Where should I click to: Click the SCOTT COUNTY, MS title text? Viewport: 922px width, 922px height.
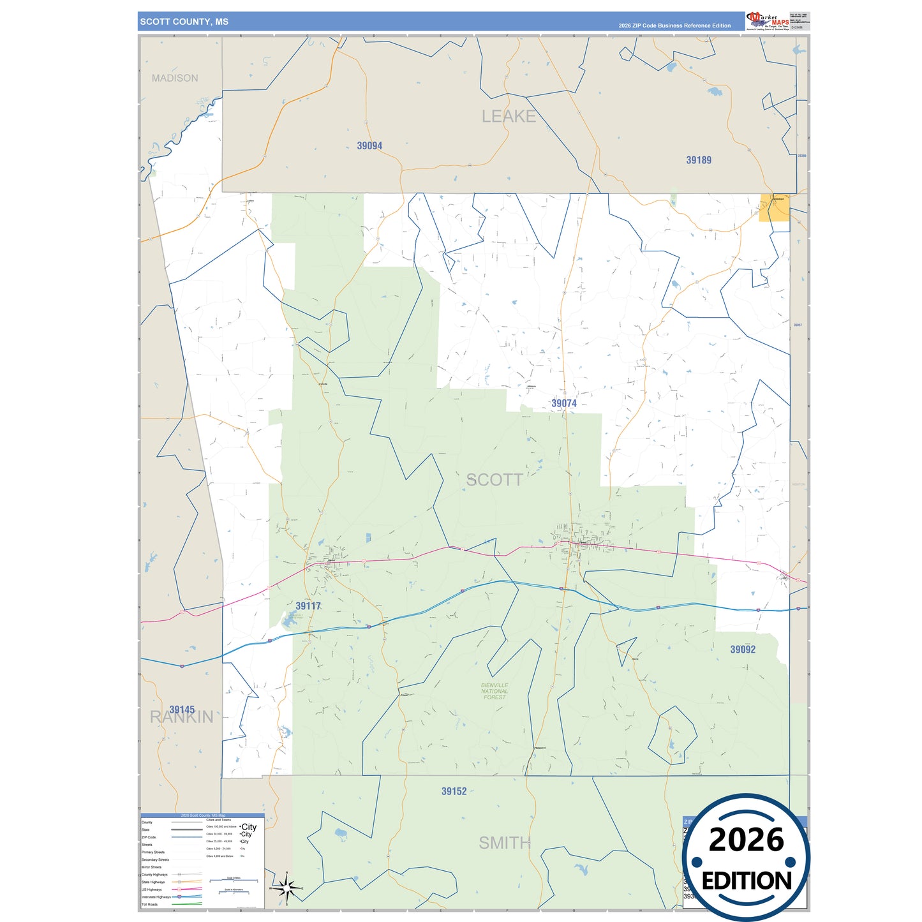[x=184, y=22]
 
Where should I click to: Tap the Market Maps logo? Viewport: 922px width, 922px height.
[x=768, y=20]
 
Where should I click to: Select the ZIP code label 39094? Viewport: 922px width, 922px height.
[x=369, y=146]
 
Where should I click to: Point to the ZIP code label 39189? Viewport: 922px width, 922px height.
[x=699, y=160]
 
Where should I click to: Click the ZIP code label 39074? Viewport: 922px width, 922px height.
[x=564, y=403]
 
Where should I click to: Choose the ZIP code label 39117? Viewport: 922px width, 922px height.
[x=308, y=606]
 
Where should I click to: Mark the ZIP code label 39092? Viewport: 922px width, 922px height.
[x=743, y=650]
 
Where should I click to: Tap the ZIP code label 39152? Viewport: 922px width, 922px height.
[x=454, y=792]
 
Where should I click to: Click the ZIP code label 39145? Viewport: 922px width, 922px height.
[x=182, y=710]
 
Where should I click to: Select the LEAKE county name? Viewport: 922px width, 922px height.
[x=509, y=116]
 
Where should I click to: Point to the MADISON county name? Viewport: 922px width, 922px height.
[x=175, y=78]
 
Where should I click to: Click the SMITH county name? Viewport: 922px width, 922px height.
[x=504, y=843]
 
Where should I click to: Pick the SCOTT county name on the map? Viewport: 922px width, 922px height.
[x=494, y=480]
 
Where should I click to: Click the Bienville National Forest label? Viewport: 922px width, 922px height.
[x=494, y=691]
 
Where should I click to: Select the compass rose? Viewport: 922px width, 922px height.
[x=286, y=888]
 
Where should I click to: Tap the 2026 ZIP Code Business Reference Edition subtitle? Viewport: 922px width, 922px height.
[x=674, y=26]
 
